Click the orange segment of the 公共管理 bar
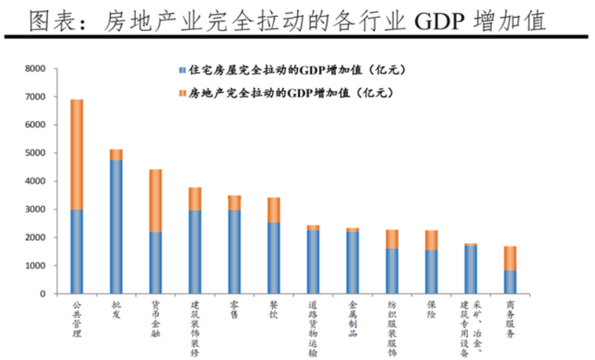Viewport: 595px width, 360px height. (x=77, y=154)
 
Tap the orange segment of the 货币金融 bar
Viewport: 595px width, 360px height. (x=156, y=201)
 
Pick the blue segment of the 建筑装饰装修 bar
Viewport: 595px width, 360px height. (x=195, y=252)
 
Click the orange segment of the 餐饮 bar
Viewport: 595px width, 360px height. (x=274, y=210)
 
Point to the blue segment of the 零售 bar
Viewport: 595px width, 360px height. (x=234, y=252)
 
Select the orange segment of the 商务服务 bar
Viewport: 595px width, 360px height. (x=510, y=258)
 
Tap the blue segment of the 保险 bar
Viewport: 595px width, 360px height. (x=431, y=271)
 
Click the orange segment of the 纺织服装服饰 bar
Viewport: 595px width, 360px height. (x=392, y=239)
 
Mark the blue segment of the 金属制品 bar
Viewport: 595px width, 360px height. (x=352, y=263)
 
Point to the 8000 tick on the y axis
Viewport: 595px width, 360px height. (x=35, y=69)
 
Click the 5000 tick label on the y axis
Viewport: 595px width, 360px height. (x=35, y=153)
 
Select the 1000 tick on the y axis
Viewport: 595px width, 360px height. (x=35, y=266)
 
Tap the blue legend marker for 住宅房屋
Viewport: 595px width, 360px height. (x=181, y=71)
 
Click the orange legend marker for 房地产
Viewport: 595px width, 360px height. (x=181, y=94)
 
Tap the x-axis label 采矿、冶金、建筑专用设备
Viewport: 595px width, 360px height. (x=470, y=328)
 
